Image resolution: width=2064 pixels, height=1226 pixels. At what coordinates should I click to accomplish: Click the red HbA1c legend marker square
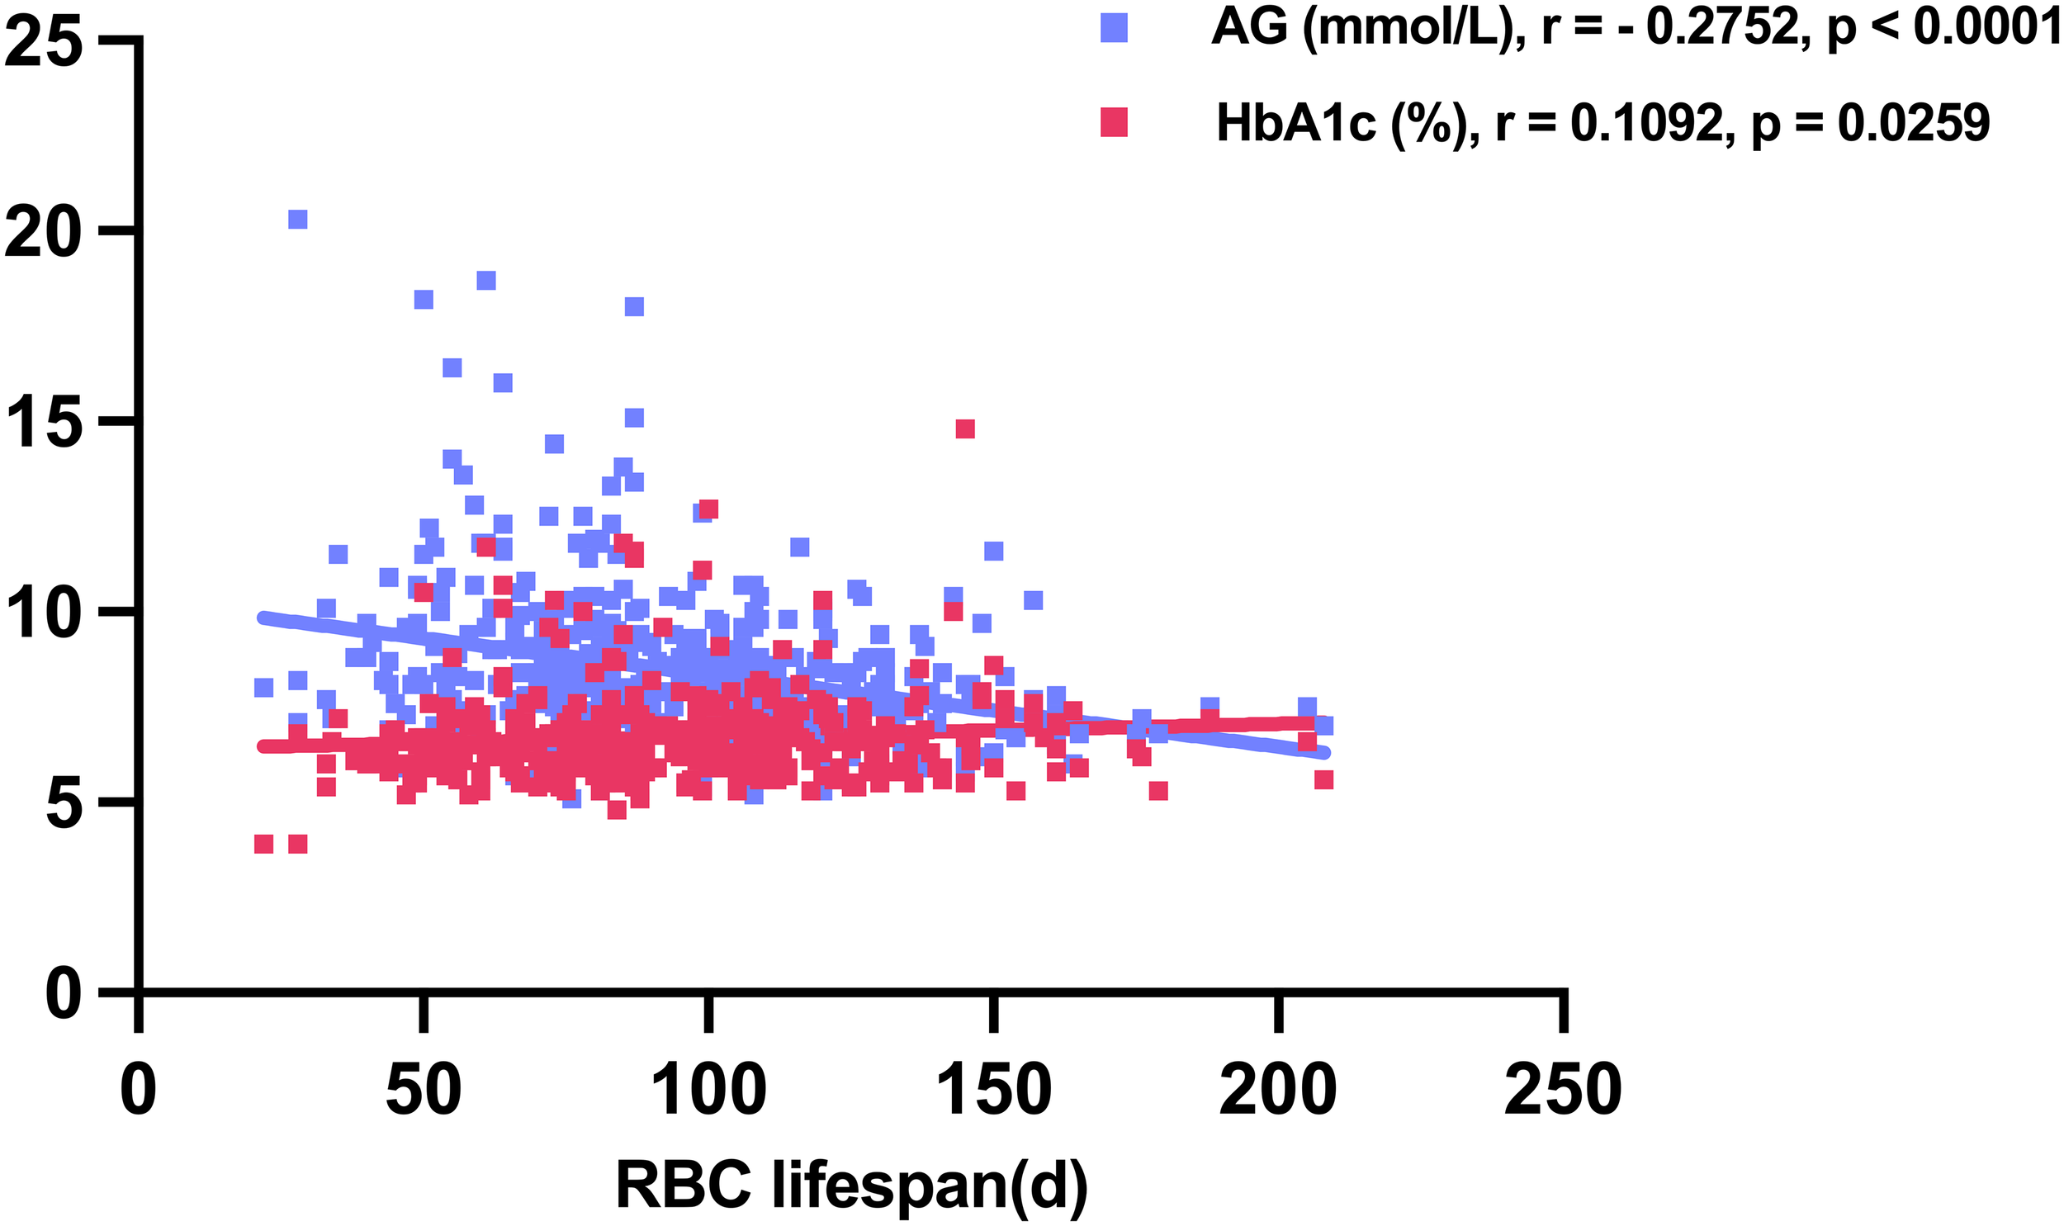(x=1115, y=122)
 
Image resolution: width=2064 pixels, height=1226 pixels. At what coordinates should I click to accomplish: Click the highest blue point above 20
(x=297, y=219)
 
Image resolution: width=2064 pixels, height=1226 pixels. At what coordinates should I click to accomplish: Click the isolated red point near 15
(x=964, y=428)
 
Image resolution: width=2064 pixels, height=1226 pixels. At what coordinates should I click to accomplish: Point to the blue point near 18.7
(x=486, y=281)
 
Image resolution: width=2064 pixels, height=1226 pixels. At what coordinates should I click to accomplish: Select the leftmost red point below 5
(x=263, y=844)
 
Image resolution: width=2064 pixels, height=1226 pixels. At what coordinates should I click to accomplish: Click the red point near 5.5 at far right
(x=1324, y=780)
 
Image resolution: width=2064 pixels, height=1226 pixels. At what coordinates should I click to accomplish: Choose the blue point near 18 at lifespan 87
(x=633, y=306)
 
